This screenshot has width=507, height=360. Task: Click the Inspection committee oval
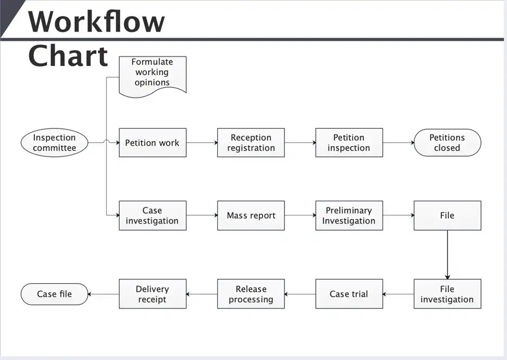[54, 142]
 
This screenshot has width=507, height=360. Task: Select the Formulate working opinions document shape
[153, 76]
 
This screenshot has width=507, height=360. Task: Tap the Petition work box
[153, 142]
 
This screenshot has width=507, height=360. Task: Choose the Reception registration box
[251, 142]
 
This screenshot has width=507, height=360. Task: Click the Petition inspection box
[349, 142]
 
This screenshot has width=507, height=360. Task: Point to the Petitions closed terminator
[447, 142]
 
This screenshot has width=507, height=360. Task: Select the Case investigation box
[153, 215]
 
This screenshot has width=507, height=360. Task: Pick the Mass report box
[251, 215]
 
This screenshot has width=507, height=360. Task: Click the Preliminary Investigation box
[349, 215]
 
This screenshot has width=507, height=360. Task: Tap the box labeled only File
[447, 215]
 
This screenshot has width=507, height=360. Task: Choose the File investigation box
[447, 294]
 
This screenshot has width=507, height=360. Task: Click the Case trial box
[349, 294]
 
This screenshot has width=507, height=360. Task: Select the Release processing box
[251, 294]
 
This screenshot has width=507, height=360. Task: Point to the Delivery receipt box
[153, 294]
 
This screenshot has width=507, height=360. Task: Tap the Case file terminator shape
[54, 294]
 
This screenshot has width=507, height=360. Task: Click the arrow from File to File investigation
[447, 254]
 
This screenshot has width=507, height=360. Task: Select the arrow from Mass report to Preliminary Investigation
[300, 215]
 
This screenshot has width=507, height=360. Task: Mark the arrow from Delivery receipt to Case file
[103, 294]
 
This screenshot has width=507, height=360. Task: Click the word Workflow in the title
[96, 21]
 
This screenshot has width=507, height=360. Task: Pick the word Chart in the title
[68, 56]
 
